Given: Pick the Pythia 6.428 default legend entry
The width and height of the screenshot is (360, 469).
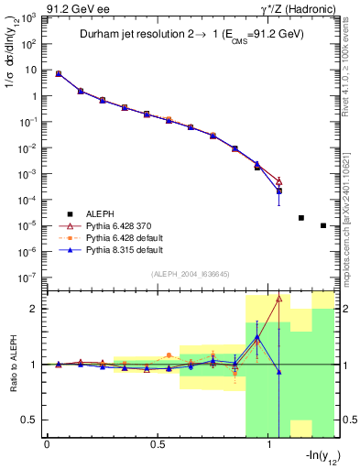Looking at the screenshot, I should [x=106, y=235].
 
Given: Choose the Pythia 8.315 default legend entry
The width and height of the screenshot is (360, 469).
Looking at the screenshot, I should [x=106, y=248].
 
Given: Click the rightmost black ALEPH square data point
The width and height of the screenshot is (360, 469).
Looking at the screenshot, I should [x=323, y=225].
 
